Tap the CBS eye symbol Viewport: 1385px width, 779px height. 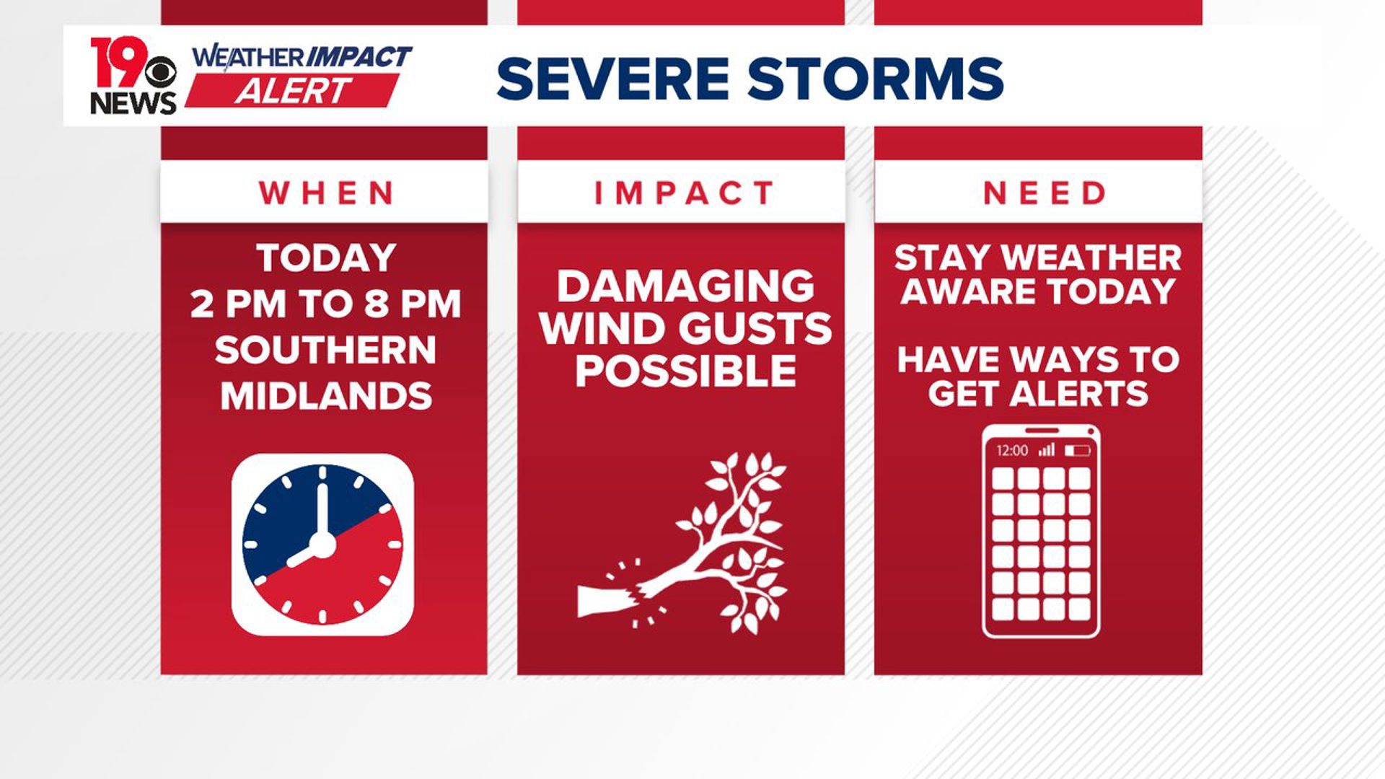pyautogui.click(x=160, y=72)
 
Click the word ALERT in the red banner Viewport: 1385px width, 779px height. pyautogui.click(x=292, y=92)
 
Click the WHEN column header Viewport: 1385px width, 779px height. pyautogui.click(x=325, y=193)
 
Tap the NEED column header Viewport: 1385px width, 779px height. pyautogui.click(x=1043, y=193)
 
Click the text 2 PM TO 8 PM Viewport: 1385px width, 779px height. pyautogui.click(x=325, y=304)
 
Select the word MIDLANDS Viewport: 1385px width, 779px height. pyautogui.click(x=326, y=395)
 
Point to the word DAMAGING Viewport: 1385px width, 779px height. pyautogui.click(x=685, y=286)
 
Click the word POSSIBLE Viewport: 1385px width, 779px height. pyautogui.click(x=685, y=371)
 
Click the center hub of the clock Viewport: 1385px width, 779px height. pyautogui.click(x=322, y=544)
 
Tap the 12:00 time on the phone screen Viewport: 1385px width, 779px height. pyautogui.click(x=1011, y=451)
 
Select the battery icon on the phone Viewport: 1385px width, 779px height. pyautogui.click(x=1077, y=451)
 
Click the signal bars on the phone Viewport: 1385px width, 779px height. pyautogui.click(x=1046, y=450)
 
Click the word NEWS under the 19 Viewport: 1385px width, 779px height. pyautogui.click(x=133, y=103)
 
